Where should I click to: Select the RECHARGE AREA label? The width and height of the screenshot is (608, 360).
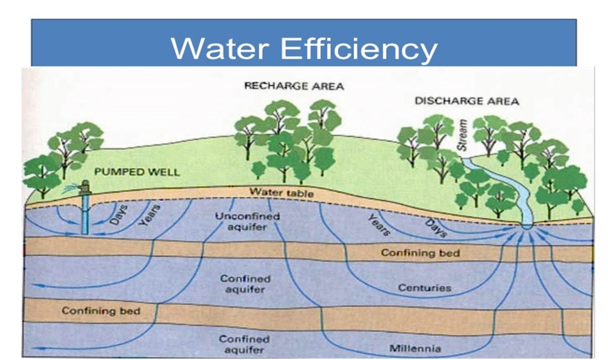(x=294, y=86)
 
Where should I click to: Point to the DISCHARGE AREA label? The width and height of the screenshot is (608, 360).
(x=467, y=101)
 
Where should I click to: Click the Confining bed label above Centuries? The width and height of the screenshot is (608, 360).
(x=420, y=253)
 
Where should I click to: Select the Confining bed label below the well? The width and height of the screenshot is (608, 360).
(x=101, y=310)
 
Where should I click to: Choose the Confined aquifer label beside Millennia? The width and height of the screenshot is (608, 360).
(x=244, y=345)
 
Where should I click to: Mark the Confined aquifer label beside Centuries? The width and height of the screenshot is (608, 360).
(x=245, y=283)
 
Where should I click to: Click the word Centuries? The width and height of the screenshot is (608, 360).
(x=424, y=287)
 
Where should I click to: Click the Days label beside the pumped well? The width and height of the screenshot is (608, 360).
(x=118, y=213)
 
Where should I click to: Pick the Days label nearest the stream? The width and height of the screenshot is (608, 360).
(x=436, y=226)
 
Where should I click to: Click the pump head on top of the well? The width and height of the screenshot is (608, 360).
(x=85, y=186)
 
